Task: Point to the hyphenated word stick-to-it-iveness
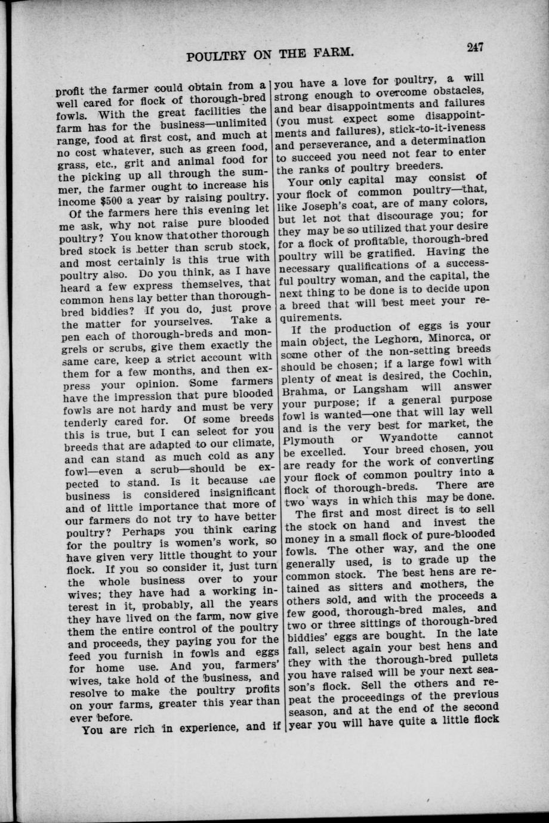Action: pos(437,129)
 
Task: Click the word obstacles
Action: pos(459,91)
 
